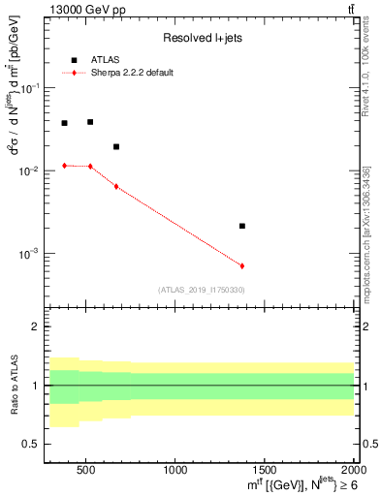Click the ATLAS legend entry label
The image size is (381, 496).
104,60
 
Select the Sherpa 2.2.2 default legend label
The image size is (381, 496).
133,73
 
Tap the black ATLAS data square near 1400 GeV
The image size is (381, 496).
242,226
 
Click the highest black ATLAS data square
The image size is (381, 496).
90,122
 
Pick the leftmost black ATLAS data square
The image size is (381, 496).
65,123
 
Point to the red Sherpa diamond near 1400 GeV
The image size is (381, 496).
242,265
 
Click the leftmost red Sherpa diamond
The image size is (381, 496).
65,166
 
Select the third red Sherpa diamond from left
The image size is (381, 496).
116,186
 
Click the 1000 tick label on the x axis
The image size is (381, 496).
175,470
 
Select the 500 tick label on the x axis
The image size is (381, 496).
86,470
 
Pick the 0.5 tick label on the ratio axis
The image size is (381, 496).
32,445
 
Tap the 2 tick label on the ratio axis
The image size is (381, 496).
36,326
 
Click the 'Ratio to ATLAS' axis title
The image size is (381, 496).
13,386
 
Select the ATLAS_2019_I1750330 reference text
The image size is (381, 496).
202,290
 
